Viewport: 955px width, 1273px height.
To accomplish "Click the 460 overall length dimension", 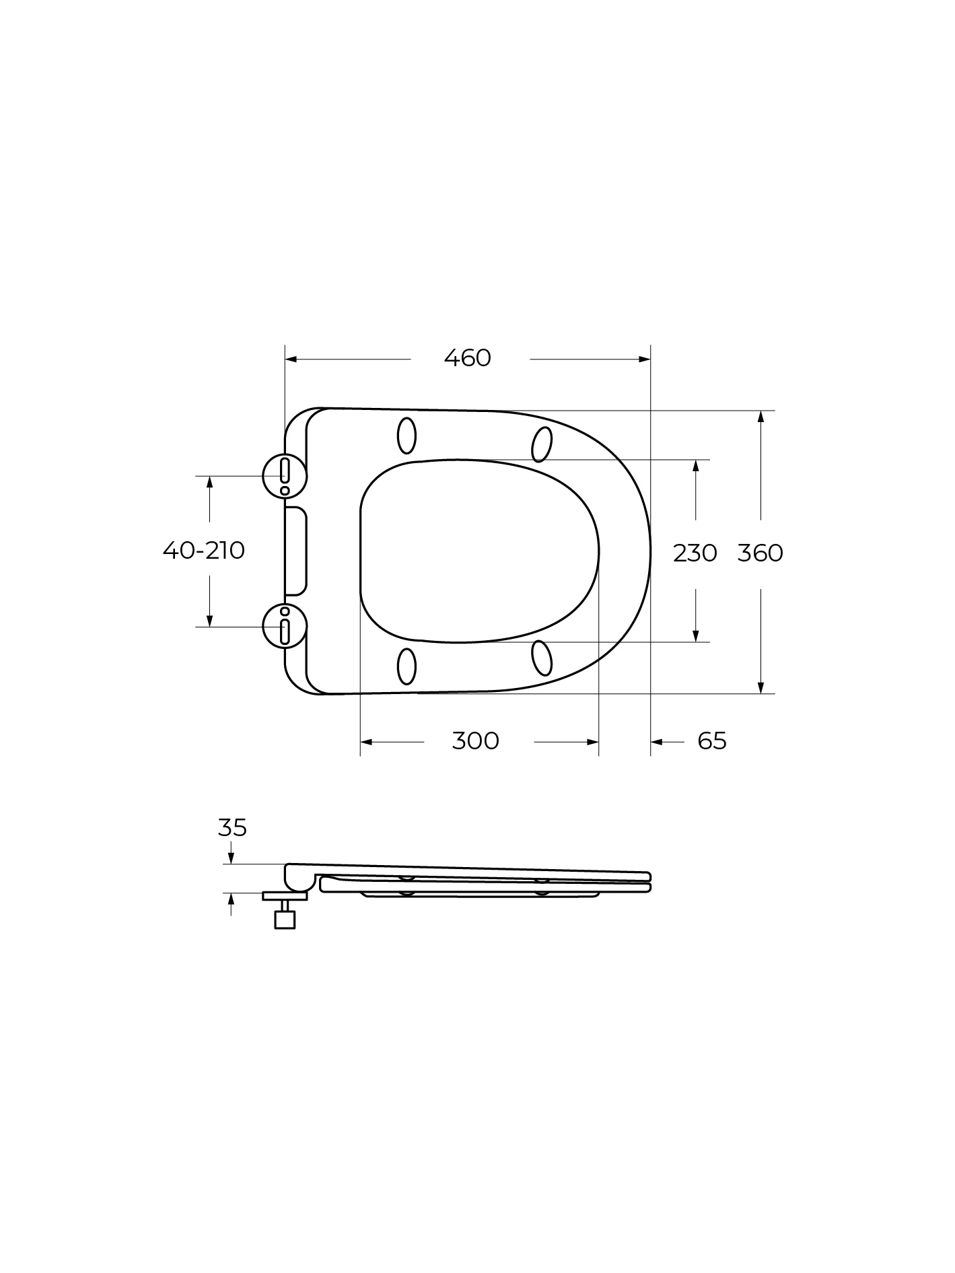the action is click(468, 357).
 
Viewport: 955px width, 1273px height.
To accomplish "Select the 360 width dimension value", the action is click(761, 553).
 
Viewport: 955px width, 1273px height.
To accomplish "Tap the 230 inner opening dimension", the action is click(695, 553).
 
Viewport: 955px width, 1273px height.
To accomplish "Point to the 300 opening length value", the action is click(476, 741).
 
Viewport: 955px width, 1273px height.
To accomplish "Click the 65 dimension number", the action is click(712, 741).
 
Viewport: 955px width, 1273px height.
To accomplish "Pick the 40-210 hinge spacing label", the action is click(204, 550).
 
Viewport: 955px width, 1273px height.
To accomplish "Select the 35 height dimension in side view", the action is click(232, 827).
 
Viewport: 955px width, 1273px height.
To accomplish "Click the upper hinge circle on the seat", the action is click(285, 475).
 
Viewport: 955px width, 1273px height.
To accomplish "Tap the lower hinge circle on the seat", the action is click(285, 626).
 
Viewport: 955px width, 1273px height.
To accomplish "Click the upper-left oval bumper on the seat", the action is click(406, 436).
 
